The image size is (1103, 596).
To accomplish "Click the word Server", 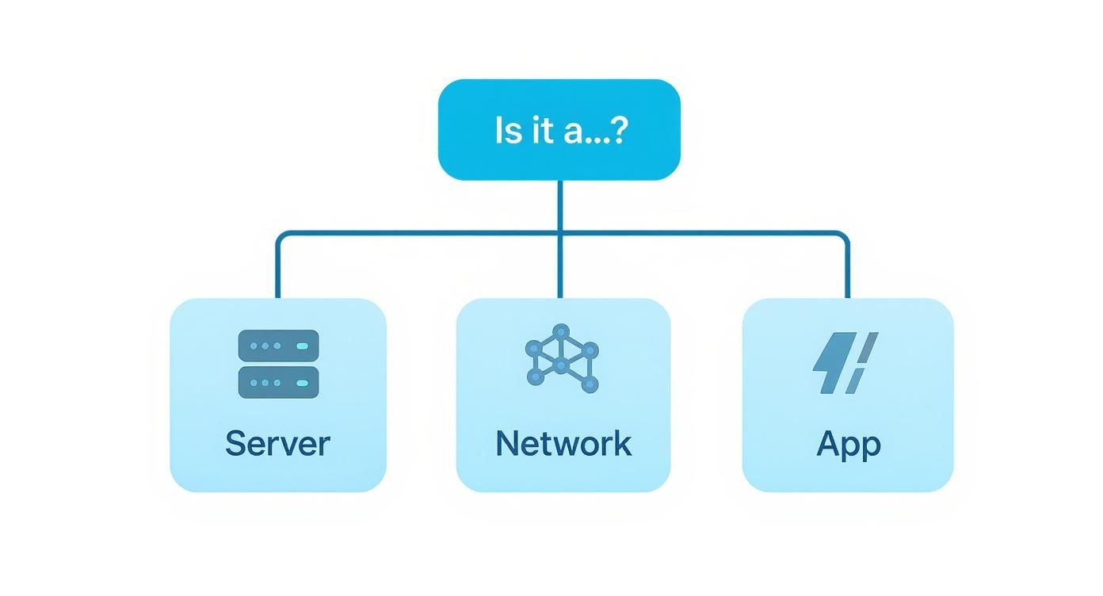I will (x=277, y=443).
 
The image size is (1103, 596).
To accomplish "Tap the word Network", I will (x=563, y=443).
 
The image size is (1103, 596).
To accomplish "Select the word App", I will (x=848, y=445).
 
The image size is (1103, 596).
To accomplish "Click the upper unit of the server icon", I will (x=278, y=346).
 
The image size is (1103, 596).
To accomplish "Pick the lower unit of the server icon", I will (x=278, y=382).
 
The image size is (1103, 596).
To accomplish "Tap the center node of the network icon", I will (x=561, y=365).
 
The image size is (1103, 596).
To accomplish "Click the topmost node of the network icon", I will (x=561, y=330).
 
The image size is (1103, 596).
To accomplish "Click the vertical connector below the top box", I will (x=560, y=206).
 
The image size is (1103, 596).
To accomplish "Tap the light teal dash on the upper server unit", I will (x=301, y=346).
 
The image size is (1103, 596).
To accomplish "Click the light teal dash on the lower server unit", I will (x=301, y=383).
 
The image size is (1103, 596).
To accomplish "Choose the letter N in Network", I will (x=507, y=443).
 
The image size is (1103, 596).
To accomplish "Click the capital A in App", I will (x=827, y=443).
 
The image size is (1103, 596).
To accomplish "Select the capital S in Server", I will (x=235, y=443).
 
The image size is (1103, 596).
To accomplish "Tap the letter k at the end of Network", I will (x=623, y=443).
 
